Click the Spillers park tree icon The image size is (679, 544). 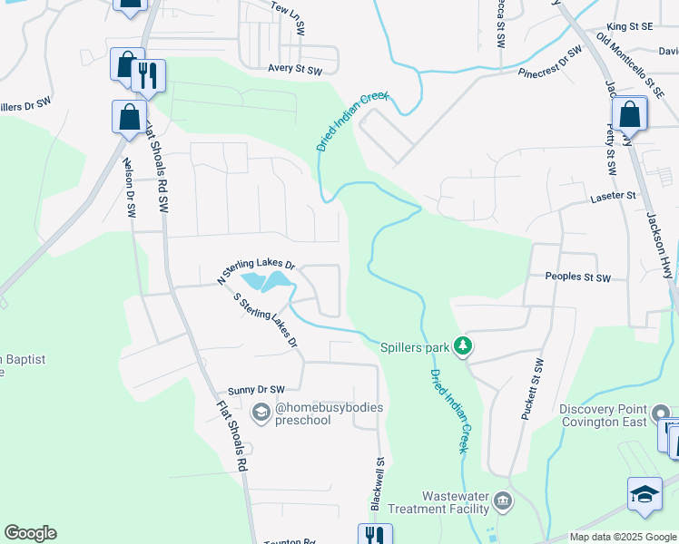point(463,345)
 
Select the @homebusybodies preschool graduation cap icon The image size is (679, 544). point(261,414)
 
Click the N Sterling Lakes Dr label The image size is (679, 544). point(257,268)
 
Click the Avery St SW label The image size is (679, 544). point(295,69)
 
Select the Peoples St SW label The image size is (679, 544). point(578,277)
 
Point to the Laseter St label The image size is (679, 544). point(614,196)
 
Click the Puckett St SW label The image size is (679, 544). point(532,388)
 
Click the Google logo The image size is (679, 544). point(30,533)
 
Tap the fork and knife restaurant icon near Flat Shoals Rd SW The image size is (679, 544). point(149,75)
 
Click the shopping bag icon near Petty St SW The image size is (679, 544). point(629,115)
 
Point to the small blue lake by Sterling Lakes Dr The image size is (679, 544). point(270,282)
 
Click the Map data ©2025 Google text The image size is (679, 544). point(623,537)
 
